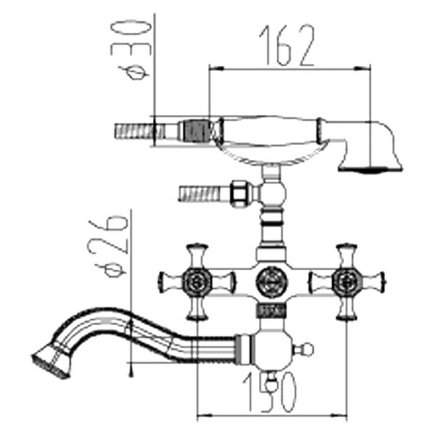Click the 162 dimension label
click(x=287, y=46)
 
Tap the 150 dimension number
click(x=270, y=392)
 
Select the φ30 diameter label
click(x=131, y=50)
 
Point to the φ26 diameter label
click(x=109, y=246)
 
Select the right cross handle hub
click(x=346, y=282)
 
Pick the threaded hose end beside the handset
click(x=134, y=132)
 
